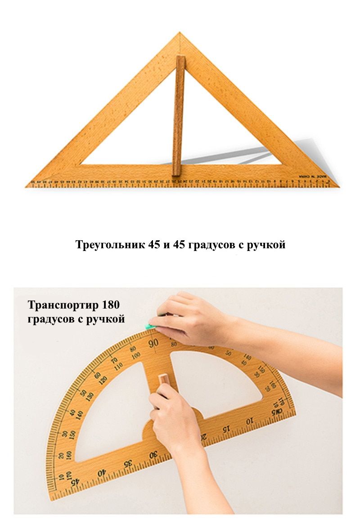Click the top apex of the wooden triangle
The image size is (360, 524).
pyautogui.click(x=180, y=33)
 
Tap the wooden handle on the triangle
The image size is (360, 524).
pyautogui.click(x=178, y=115)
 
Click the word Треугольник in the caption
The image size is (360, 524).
pyautogui.click(x=110, y=245)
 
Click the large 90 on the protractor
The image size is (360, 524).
pyautogui.click(x=153, y=343)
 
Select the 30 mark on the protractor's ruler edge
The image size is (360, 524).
pyautogui.click(x=153, y=455)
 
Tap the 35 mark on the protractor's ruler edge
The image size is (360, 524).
pyautogui.click(x=128, y=463)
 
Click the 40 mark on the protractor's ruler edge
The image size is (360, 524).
pyautogui.click(x=102, y=472)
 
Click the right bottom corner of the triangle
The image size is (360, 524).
pyautogui.click(x=338, y=185)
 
